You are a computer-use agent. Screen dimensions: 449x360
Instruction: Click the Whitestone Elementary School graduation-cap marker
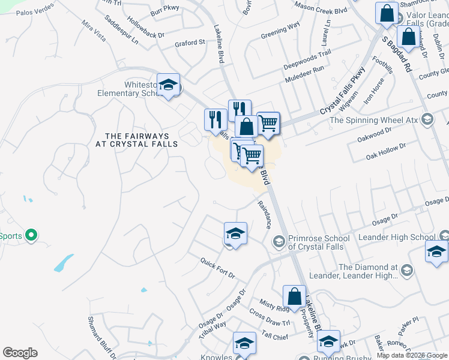(x=169, y=85)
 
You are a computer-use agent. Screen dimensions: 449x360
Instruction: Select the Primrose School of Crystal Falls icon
(x=279, y=241)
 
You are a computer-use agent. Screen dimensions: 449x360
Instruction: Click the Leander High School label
(x=396, y=238)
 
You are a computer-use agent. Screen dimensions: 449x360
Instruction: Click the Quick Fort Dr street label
(x=217, y=268)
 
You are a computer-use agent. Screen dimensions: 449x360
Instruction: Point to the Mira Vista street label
(x=94, y=34)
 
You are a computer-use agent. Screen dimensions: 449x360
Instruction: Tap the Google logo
(x=20, y=353)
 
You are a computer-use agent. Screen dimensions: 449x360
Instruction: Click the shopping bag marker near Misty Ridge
(x=294, y=296)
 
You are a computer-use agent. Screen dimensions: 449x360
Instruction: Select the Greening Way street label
(x=280, y=31)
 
